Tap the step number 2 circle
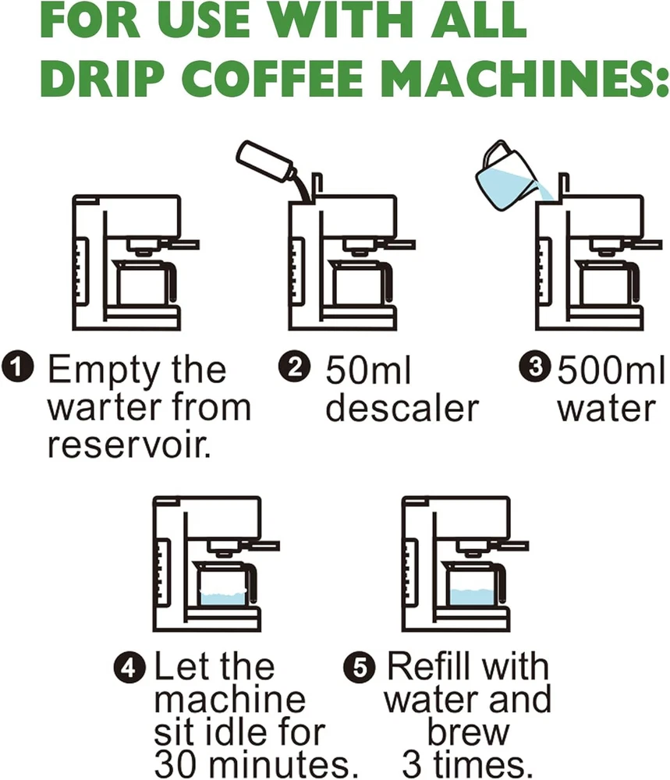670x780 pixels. coord(294,367)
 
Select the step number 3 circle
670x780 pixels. coord(534,367)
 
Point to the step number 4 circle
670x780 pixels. coord(129,668)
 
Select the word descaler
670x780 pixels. coord(401,408)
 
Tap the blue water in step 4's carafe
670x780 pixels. coord(223,598)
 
